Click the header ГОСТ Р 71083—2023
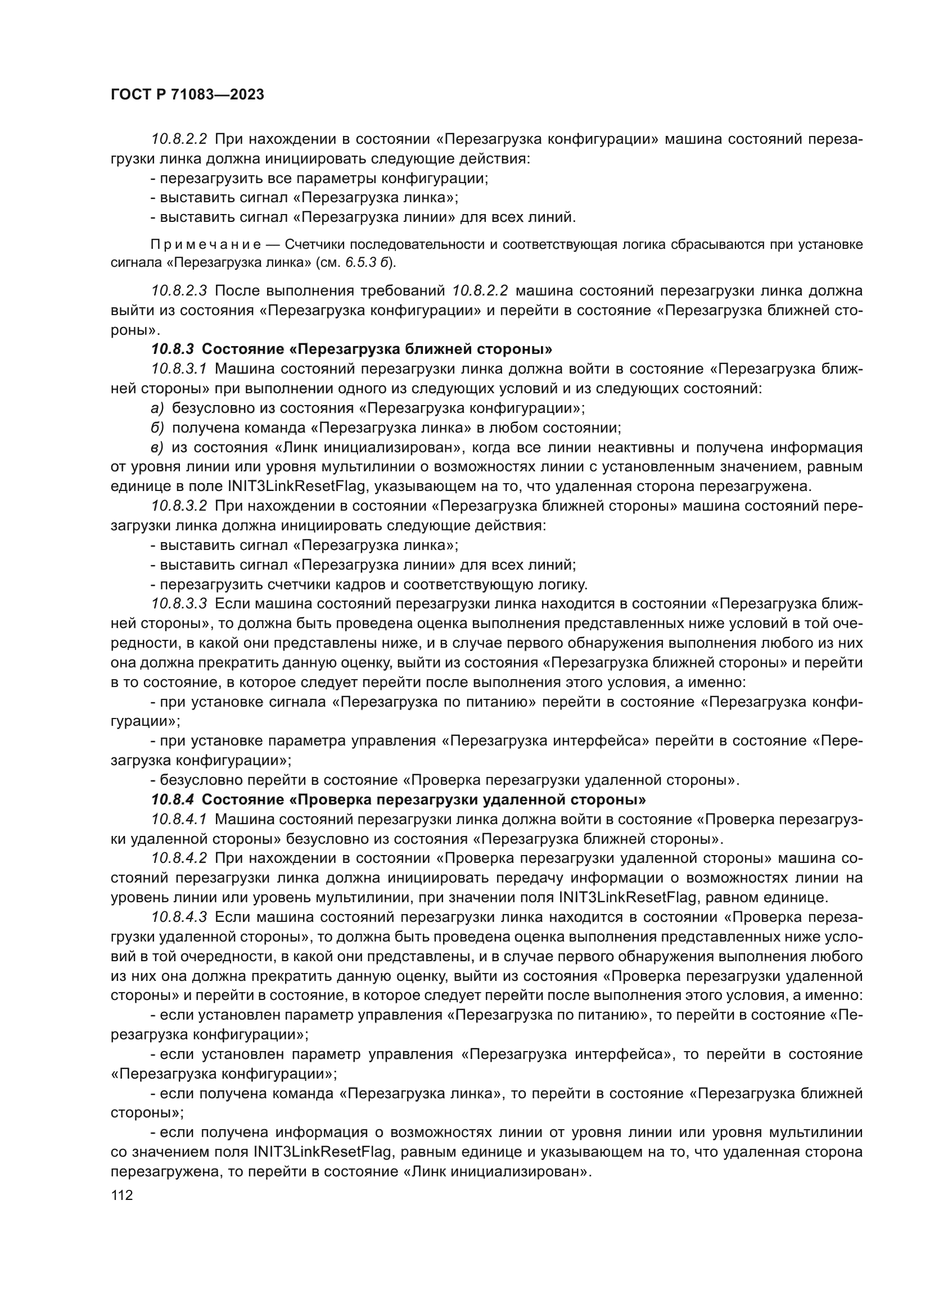point(187,95)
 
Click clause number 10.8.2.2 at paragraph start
point(179,139)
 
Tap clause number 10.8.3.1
point(179,369)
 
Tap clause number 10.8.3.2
point(179,506)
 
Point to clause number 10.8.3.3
point(179,604)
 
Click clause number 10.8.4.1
point(179,819)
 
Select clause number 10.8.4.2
point(179,858)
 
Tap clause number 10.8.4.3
point(179,917)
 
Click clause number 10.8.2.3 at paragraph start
point(179,291)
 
